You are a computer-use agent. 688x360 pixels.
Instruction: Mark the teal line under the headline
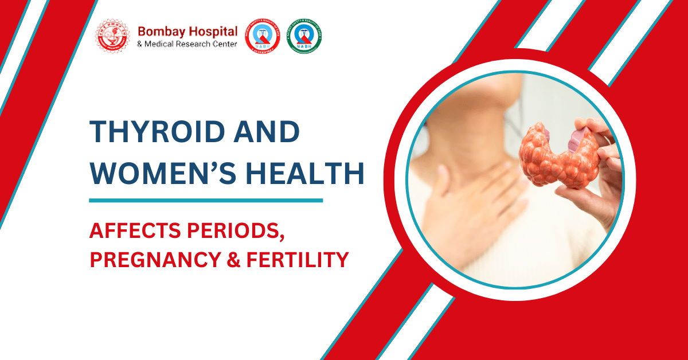pos(206,201)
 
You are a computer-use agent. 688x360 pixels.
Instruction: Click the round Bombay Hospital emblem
pos(112,36)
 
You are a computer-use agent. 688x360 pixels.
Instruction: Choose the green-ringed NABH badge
pos(304,36)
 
